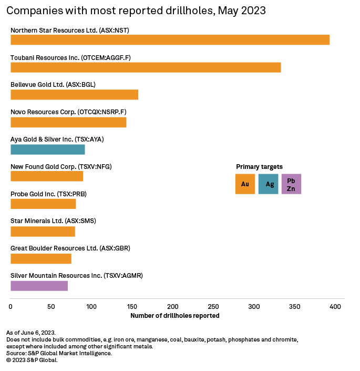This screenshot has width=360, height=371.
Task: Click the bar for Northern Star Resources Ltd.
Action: pyautogui.click(x=170, y=40)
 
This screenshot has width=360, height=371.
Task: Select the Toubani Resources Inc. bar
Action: pyautogui.click(x=146, y=67)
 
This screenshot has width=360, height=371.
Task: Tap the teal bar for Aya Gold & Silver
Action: pyautogui.click(x=48, y=149)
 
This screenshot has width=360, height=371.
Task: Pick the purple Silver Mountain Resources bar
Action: pyautogui.click(x=39, y=286)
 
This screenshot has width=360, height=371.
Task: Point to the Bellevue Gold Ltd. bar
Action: pyautogui.click(x=74, y=95)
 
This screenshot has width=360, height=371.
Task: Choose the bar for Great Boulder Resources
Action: pyautogui.click(x=41, y=258)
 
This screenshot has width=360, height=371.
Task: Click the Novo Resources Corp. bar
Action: pyautogui.click(x=68, y=122)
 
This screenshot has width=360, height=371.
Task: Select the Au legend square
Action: pyautogui.click(x=245, y=184)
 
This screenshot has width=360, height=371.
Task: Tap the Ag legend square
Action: pyautogui.click(x=268, y=184)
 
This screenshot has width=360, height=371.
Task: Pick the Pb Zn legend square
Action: pyautogui.click(x=291, y=184)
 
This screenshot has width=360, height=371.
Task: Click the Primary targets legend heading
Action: pyautogui.click(x=259, y=166)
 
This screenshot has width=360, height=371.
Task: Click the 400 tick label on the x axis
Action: pyautogui.click(x=335, y=306)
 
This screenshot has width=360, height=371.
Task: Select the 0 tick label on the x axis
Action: pyautogui.click(x=11, y=306)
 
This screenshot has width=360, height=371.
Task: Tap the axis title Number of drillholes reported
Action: pyautogui.click(x=174, y=316)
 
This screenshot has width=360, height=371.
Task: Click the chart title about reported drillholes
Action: pyautogui.click(x=136, y=11)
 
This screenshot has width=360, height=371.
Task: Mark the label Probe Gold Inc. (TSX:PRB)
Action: pyautogui.click(x=48, y=194)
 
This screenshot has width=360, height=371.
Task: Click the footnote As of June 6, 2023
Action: pyautogui.click(x=30, y=333)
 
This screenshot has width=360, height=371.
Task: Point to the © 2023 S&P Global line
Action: pyautogui.click(x=32, y=360)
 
